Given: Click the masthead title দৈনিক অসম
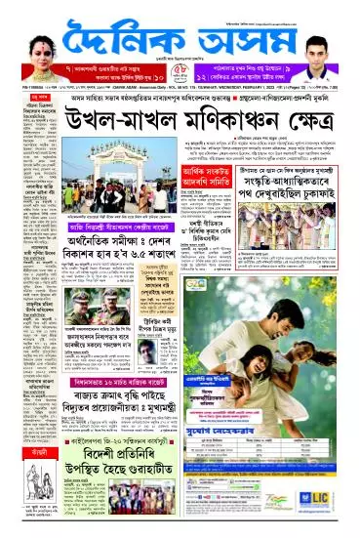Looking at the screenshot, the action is (x=180, y=45).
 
